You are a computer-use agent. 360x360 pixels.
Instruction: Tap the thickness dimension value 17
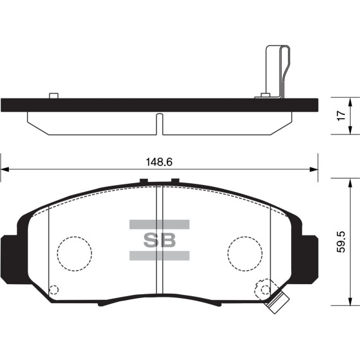click(x=340, y=116)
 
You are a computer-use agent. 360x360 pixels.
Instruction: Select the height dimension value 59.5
click(x=340, y=242)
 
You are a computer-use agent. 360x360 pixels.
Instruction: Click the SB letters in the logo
click(x=159, y=240)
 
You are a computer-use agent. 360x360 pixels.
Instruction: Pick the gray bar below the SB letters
click(x=159, y=255)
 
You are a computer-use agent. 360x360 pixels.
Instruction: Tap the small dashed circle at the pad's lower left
click(x=53, y=291)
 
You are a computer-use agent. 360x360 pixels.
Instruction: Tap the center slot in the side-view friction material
click(x=159, y=123)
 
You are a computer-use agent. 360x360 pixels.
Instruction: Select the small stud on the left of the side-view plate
click(x=53, y=96)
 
